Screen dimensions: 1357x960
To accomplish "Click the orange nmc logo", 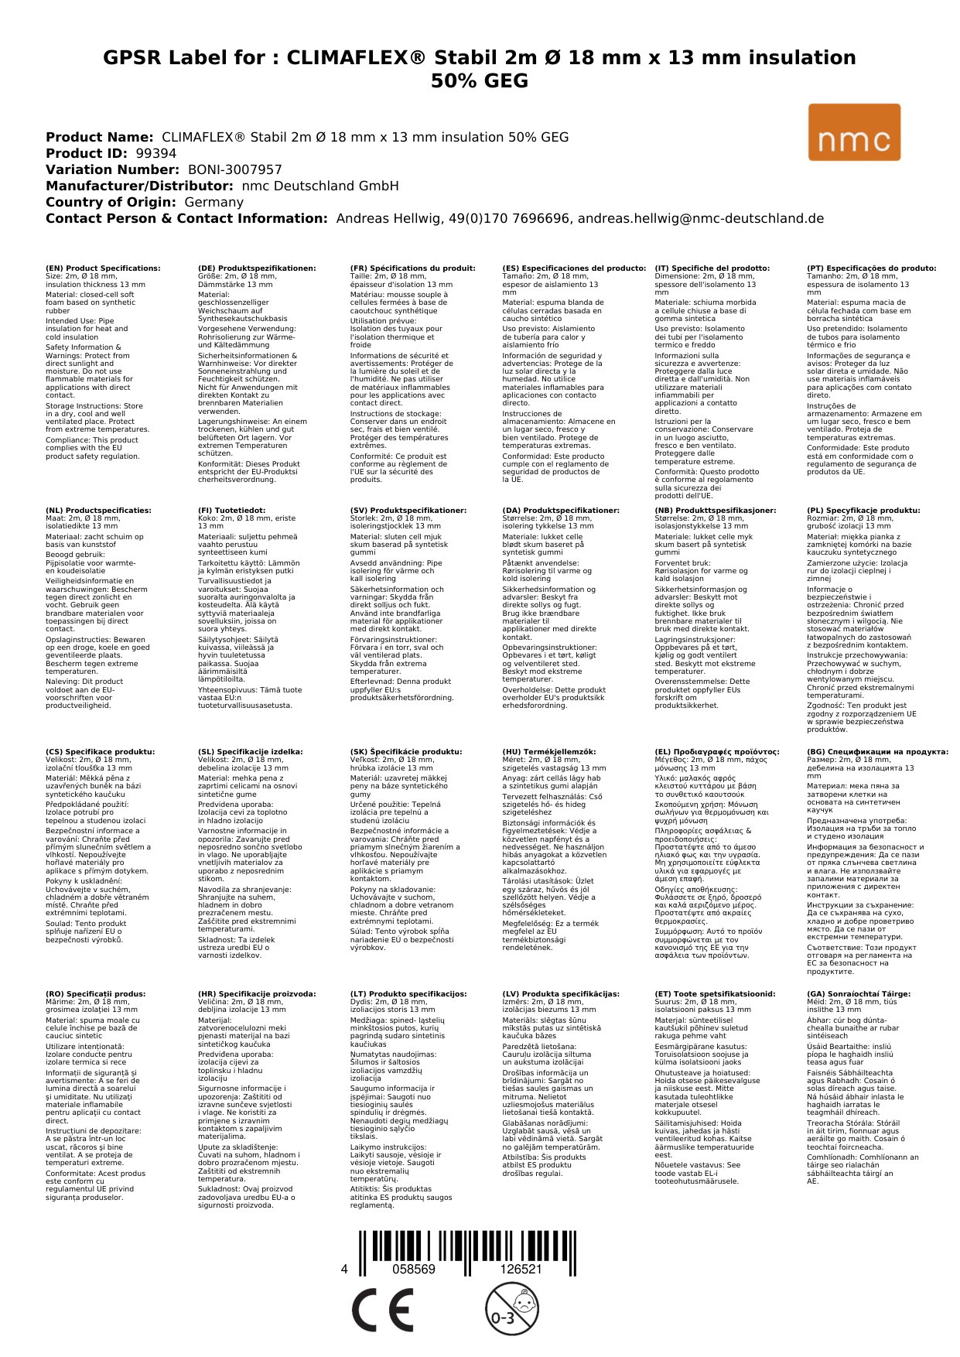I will click(854, 132).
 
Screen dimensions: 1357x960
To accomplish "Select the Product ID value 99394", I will click(156, 153).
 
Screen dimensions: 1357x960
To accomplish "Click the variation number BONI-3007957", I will click(235, 169).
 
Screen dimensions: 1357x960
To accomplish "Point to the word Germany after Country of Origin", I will click(214, 202).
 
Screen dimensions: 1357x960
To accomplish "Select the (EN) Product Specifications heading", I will click(103, 268).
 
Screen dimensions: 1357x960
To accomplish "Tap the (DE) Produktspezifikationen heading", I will click(257, 268).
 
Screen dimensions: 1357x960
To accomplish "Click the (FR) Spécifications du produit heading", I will click(412, 268).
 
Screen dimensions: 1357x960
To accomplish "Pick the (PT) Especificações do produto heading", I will click(871, 268).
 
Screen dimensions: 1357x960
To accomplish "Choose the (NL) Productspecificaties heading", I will click(98, 511).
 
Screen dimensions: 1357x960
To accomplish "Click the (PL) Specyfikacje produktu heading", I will click(863, 511).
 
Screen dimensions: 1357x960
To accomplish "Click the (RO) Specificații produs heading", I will click(95, 994).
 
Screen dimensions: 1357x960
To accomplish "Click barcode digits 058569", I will click(414, 1270).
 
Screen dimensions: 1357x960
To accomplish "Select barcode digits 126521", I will click(521, 1270).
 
